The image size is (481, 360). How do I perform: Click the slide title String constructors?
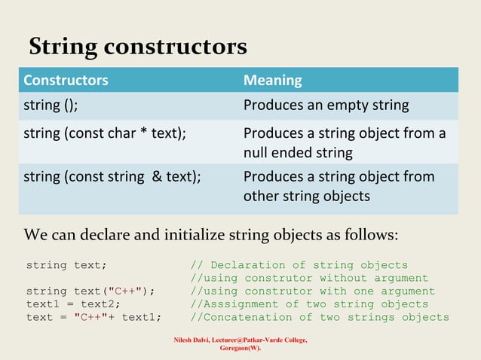coord(137,47)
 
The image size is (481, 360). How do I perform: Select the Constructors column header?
coord(66,80)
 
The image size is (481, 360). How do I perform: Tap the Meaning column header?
coord(272,80)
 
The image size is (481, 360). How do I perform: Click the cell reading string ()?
coord(51,105)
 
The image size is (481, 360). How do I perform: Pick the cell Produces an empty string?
coord(326,105)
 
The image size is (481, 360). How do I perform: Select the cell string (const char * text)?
coord(105,134)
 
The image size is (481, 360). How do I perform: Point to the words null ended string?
coord(298,153)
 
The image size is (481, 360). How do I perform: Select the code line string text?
coord(66,265)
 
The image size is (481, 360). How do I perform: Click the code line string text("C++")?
coord(90,291)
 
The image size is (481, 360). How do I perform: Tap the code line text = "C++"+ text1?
coord(93,316)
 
